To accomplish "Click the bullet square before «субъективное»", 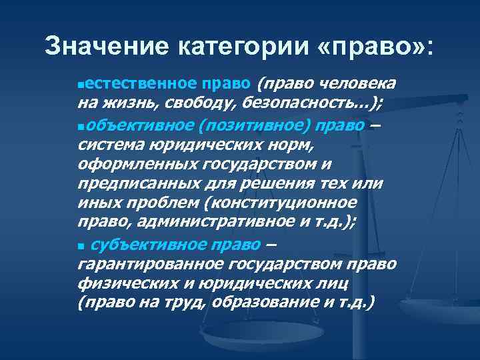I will point(81,247).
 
